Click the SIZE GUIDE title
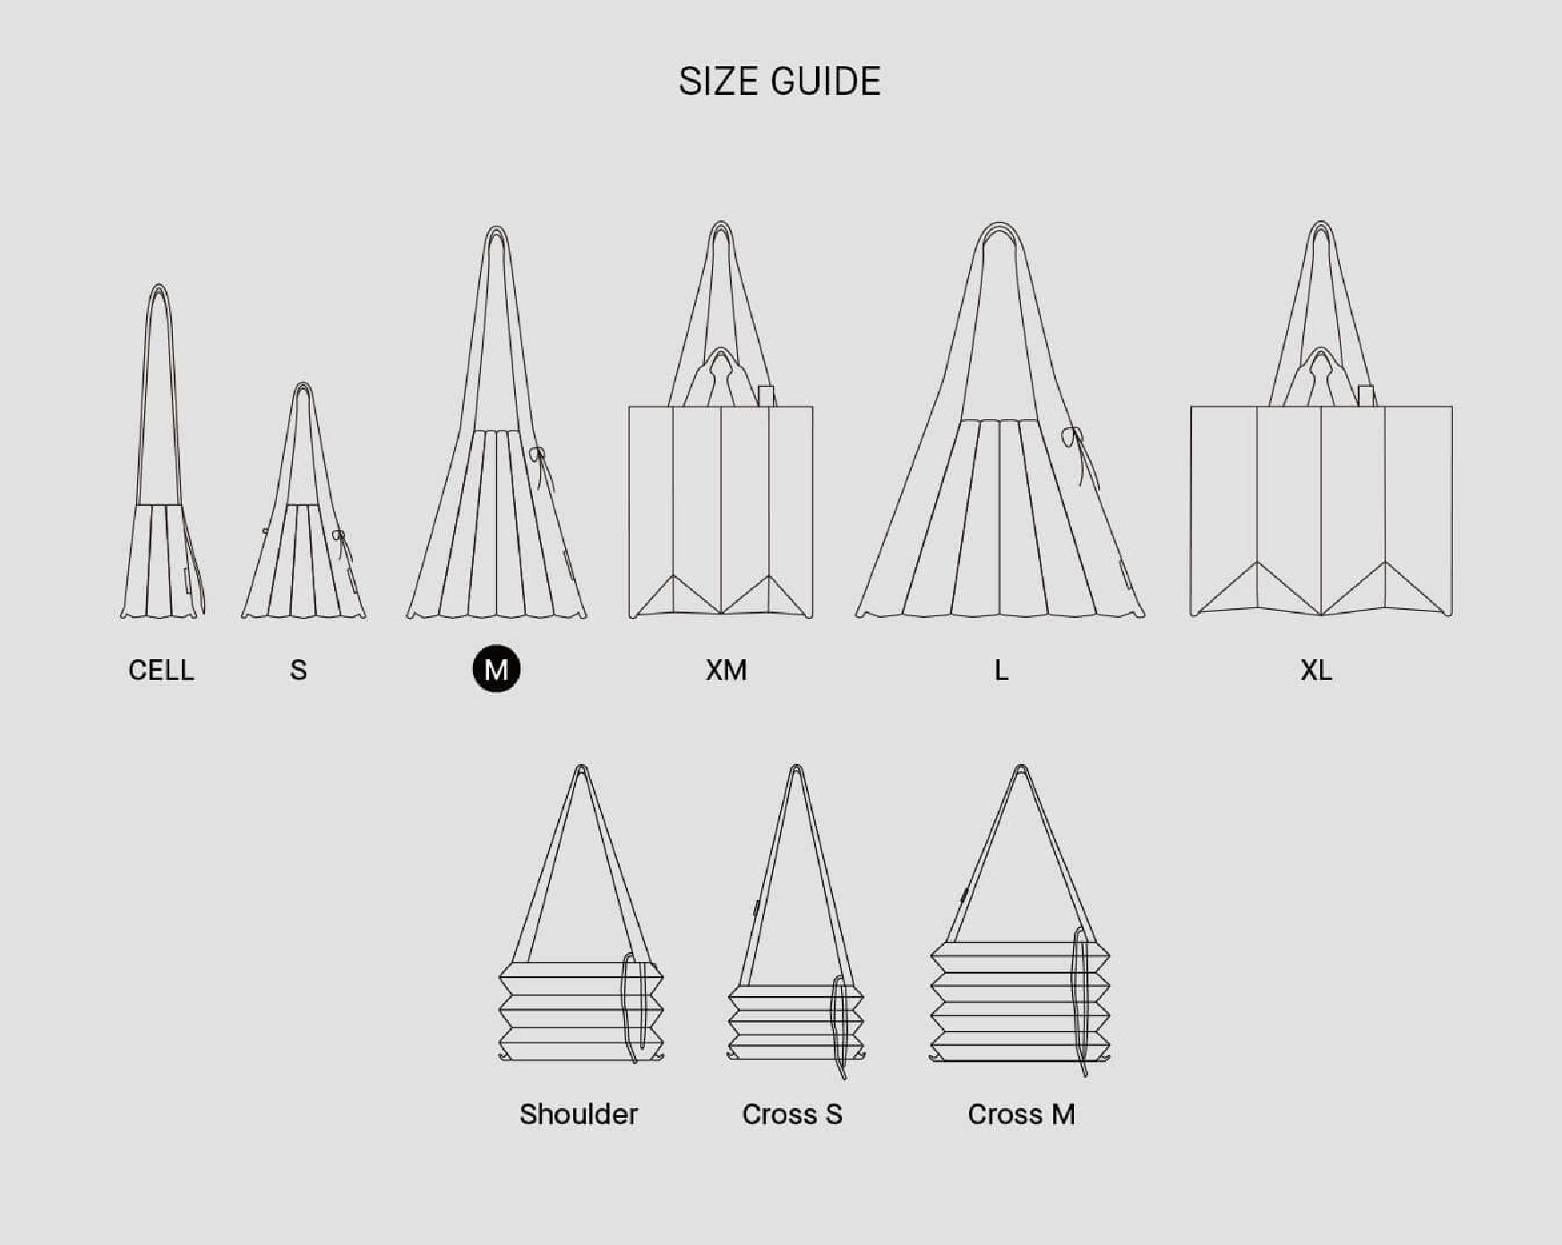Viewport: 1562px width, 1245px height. [779, 82]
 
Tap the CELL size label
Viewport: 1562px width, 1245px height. [161, 670]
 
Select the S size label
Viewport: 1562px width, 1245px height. [299, 670]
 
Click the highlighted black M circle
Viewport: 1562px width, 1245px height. [496, 669]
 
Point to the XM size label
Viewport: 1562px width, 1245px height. [725, 670]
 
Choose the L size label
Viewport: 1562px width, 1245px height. [1001, 670]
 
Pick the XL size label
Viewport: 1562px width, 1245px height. [1317, 670]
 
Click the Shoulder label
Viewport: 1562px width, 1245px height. [579, 1114]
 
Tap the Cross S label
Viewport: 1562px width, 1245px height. [792, 1114]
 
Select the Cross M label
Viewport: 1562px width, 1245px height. [1021, 1114]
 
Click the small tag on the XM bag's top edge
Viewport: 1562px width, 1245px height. [766, 396]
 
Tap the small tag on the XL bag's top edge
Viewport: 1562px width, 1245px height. [1366, 396]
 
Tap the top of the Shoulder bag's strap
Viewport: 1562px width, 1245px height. [581, 770]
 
